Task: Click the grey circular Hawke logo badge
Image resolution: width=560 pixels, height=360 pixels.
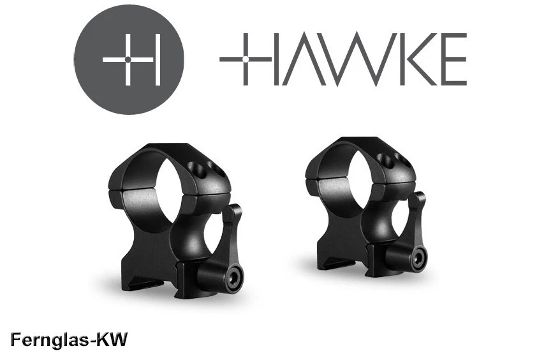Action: pyautogui.click(x=129, y=59)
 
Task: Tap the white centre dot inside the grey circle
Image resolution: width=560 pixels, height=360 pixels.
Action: pyautogui.click(x=129, y=60)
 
